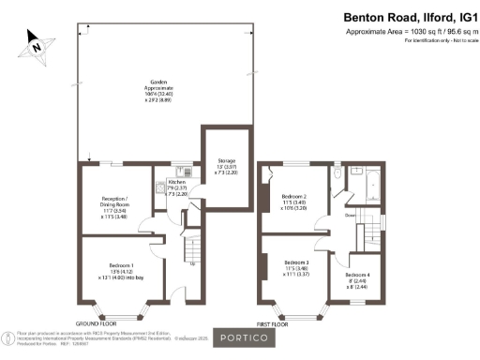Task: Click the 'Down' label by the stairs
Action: tap(349, 215)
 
